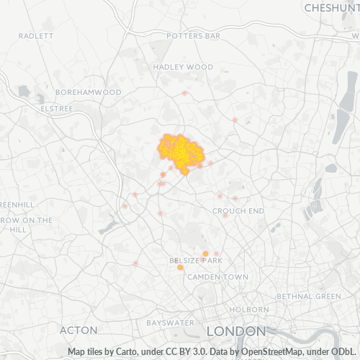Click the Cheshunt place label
coord(331,7)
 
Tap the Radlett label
coord(36,35)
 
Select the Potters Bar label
coord(193,35)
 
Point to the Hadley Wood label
coord(183,67)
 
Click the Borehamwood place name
coord(89,92)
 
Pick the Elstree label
coord(57,108)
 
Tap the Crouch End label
coord(238,211)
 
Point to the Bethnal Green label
coord(310,297)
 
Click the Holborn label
coord(249,310)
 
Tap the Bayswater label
coord(171,323)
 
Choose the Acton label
coord(78,330)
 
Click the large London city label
coord(235,331)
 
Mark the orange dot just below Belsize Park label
coord(180,268)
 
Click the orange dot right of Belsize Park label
coord(205,253)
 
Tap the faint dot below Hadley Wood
coord(185,93)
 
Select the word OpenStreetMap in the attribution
coord(269,352)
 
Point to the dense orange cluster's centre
coord(181,152)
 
